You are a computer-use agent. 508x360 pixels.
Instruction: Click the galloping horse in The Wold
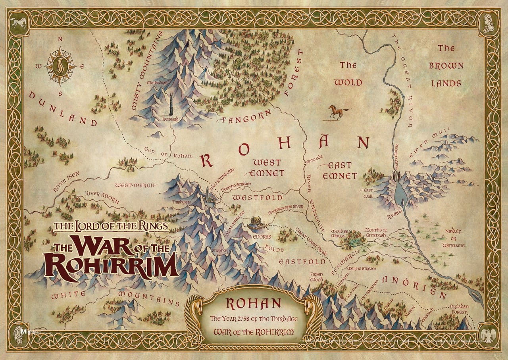[x=339, y=112]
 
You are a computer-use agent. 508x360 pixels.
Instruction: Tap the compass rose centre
[x=60, y=66]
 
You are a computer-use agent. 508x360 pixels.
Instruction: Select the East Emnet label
[x=337, y=170]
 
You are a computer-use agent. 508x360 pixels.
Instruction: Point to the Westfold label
[x=258, y=197]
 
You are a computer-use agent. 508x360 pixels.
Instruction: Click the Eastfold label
[x=302, y=262]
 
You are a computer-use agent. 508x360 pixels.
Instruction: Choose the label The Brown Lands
[x=446, y=65]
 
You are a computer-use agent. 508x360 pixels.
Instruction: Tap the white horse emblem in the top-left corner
[x=19, y=24]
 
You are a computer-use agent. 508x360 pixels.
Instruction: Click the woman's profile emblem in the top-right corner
[x=488, y=24]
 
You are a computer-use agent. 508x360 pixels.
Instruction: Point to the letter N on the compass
[x=60, y=39]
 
